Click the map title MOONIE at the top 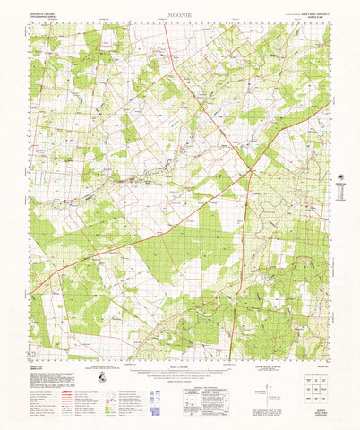click(x=179, y=16)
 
